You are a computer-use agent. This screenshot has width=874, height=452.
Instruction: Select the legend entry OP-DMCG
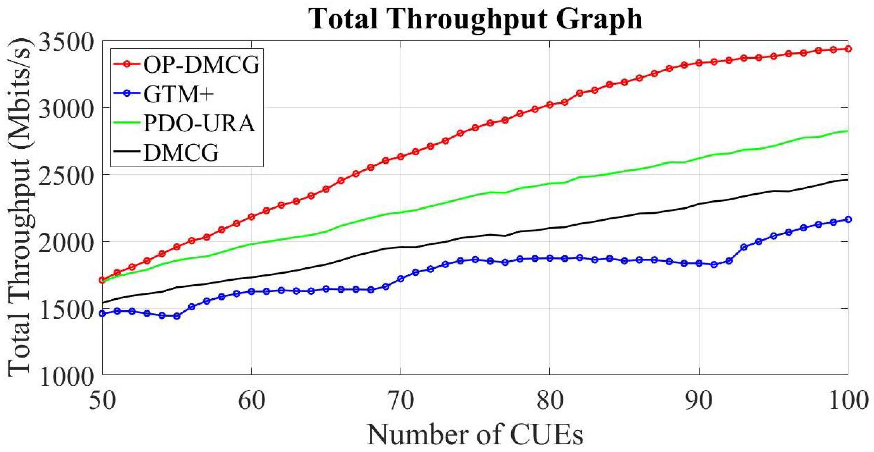tap(201, 64)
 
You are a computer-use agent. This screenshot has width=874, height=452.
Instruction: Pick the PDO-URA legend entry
tap(199, 124)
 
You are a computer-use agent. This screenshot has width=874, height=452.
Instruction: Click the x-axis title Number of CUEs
tap(475, 434)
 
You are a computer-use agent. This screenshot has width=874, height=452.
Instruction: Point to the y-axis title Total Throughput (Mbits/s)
tap(19, 207)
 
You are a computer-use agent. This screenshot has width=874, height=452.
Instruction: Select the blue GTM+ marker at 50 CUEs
tap(102, 314)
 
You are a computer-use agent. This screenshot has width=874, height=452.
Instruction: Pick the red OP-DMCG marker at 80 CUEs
tap(550, 105)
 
